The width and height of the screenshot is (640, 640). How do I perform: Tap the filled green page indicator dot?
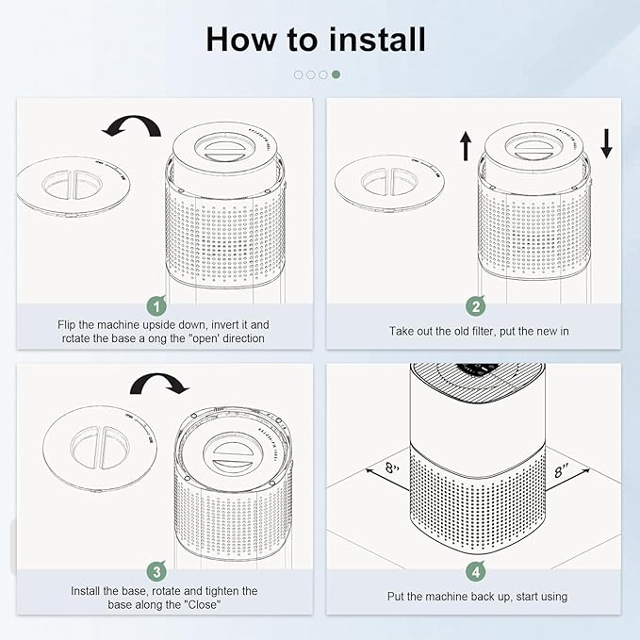[336, 74]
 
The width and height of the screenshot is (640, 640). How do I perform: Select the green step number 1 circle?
[157, 305]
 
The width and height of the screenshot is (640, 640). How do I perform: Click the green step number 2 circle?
[477, 305]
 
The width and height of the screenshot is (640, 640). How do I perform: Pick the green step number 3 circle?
[157, 570]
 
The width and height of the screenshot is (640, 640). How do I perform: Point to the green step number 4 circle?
[477, 570]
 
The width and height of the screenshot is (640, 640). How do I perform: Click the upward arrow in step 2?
[465, 144]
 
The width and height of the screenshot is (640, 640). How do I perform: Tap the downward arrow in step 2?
[605, 142]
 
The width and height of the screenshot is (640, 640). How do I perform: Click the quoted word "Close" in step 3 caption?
[197, 604]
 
